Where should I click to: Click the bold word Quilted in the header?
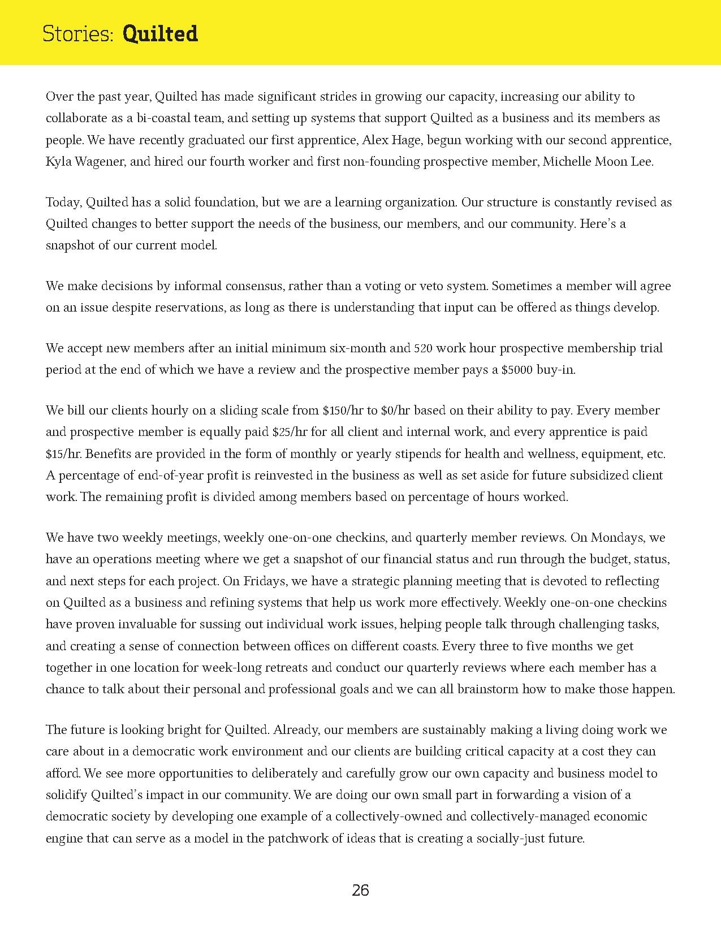coord(160,34)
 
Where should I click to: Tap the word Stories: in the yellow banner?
coord(79,34)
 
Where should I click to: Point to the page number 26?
coord(360,891)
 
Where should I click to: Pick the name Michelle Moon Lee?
coord(598,162)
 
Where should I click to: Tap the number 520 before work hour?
coord(424,348)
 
